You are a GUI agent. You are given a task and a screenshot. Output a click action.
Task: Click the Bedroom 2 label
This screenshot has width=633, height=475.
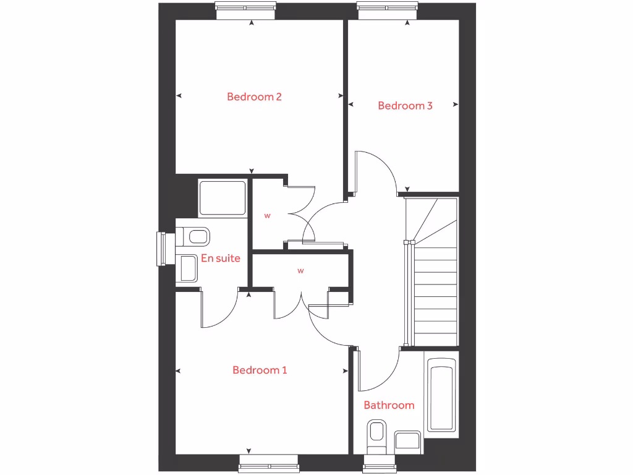click(x=254, y=96)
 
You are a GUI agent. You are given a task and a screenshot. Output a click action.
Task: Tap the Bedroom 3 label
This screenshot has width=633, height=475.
click(x=405, y=106)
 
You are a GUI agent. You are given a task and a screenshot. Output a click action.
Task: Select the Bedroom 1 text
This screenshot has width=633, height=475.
click(x=260, y=370)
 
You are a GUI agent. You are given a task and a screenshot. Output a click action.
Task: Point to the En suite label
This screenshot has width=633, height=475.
click(x=220, y=258)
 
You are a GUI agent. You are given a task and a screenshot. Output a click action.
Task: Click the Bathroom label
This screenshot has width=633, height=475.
click(x=389, y=405)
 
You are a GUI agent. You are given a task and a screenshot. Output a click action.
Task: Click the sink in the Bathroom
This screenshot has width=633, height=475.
click(x=407, y=441)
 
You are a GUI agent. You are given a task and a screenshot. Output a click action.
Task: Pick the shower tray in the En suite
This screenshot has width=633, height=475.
click(x=222, y=198)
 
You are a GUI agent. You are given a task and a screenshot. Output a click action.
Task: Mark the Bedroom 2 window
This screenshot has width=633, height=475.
click(x=245, y=7)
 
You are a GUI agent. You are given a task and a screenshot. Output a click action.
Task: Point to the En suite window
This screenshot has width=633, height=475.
click(x=162, y=249)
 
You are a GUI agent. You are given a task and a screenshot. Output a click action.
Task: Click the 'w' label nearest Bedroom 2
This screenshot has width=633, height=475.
click(x=268, y=216)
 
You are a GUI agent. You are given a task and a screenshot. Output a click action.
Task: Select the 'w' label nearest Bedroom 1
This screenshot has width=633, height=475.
click(x=301, y=270)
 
